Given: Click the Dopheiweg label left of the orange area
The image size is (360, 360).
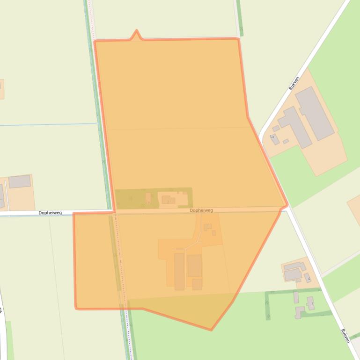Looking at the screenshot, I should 50,213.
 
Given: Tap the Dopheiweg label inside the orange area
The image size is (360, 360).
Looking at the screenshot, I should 201,210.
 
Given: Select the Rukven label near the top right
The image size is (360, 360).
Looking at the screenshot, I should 294,83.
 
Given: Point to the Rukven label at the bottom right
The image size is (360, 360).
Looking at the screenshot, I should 345,336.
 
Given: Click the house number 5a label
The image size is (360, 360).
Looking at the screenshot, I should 272,137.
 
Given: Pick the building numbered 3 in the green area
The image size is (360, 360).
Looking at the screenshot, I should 311,303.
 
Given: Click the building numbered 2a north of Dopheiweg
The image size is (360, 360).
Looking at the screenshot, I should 148,198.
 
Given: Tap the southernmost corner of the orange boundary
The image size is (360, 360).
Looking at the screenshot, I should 211,330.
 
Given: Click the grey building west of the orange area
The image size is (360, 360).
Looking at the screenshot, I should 19,181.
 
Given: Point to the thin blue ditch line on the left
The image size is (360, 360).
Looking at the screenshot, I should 47,124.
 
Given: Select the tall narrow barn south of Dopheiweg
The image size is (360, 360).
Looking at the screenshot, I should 179,271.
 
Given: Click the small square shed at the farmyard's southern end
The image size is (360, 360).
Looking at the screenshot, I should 197,284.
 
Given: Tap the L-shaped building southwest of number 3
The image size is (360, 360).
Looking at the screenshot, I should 299,312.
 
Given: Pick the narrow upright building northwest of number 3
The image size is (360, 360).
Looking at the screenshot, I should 296,297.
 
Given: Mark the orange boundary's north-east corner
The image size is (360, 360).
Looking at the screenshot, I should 238,39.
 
